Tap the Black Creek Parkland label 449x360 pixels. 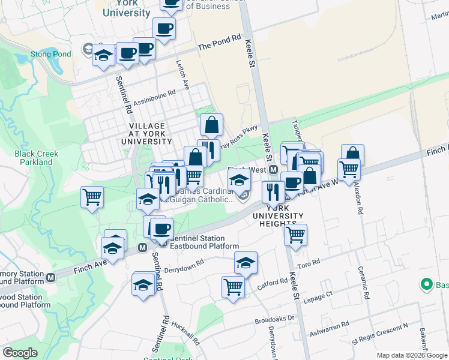pos(37,158)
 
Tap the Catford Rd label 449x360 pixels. pos(274,281)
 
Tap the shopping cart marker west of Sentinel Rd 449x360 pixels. pos(92,196)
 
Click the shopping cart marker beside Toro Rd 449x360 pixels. pos(295,235)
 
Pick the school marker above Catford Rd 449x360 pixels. pos(246,262)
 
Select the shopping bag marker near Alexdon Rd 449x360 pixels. pos(353,155)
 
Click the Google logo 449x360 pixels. pos(20,352)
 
